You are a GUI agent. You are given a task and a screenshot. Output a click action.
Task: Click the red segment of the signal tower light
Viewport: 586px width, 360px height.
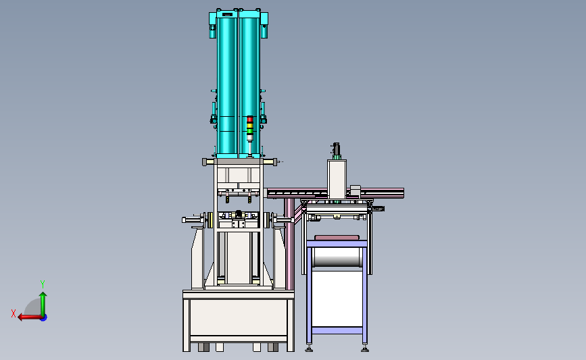tap(249, 120)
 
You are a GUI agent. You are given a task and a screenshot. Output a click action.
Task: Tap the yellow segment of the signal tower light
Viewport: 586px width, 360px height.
tap(249, 126)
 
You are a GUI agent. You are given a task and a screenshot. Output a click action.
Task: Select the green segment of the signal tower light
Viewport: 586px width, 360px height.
tap(249, 131)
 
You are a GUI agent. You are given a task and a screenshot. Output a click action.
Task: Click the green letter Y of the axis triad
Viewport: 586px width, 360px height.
tap(43, 284)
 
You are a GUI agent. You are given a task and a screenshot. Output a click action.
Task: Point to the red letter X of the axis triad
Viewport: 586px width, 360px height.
tap(14, 313)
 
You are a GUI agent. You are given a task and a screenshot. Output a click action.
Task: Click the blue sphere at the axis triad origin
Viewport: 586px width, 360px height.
tap(44, 317)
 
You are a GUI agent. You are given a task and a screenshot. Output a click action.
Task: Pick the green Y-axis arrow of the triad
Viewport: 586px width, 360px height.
tap(43, 305)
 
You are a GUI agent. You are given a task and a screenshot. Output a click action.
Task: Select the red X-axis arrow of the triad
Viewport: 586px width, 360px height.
tap(30, 317)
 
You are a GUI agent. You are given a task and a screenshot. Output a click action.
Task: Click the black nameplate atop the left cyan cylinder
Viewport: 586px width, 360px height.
tap(227, 15)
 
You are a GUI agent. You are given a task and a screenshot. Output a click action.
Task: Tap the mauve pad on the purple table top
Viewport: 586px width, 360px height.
tap(337, 238)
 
